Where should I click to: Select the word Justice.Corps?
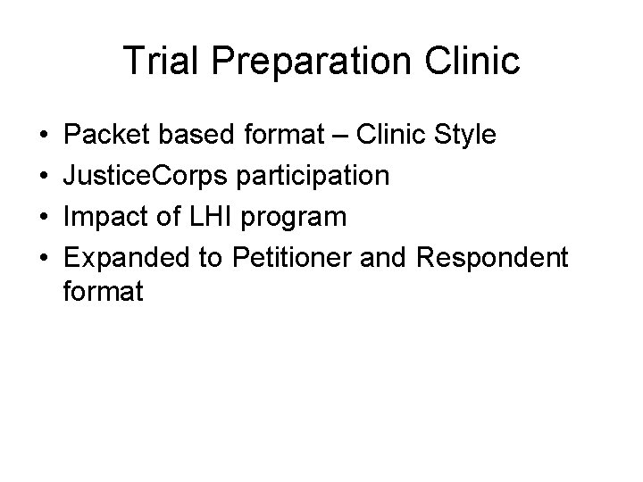(146, 176)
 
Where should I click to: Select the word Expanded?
(126, 256)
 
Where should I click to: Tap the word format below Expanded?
(104, 291)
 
